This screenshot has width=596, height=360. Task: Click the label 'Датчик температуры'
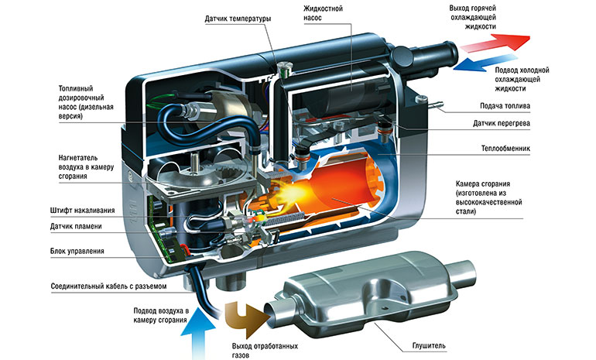click(x=238, y=18)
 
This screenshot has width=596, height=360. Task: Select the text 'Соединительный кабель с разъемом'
click(x=108, y=286)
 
